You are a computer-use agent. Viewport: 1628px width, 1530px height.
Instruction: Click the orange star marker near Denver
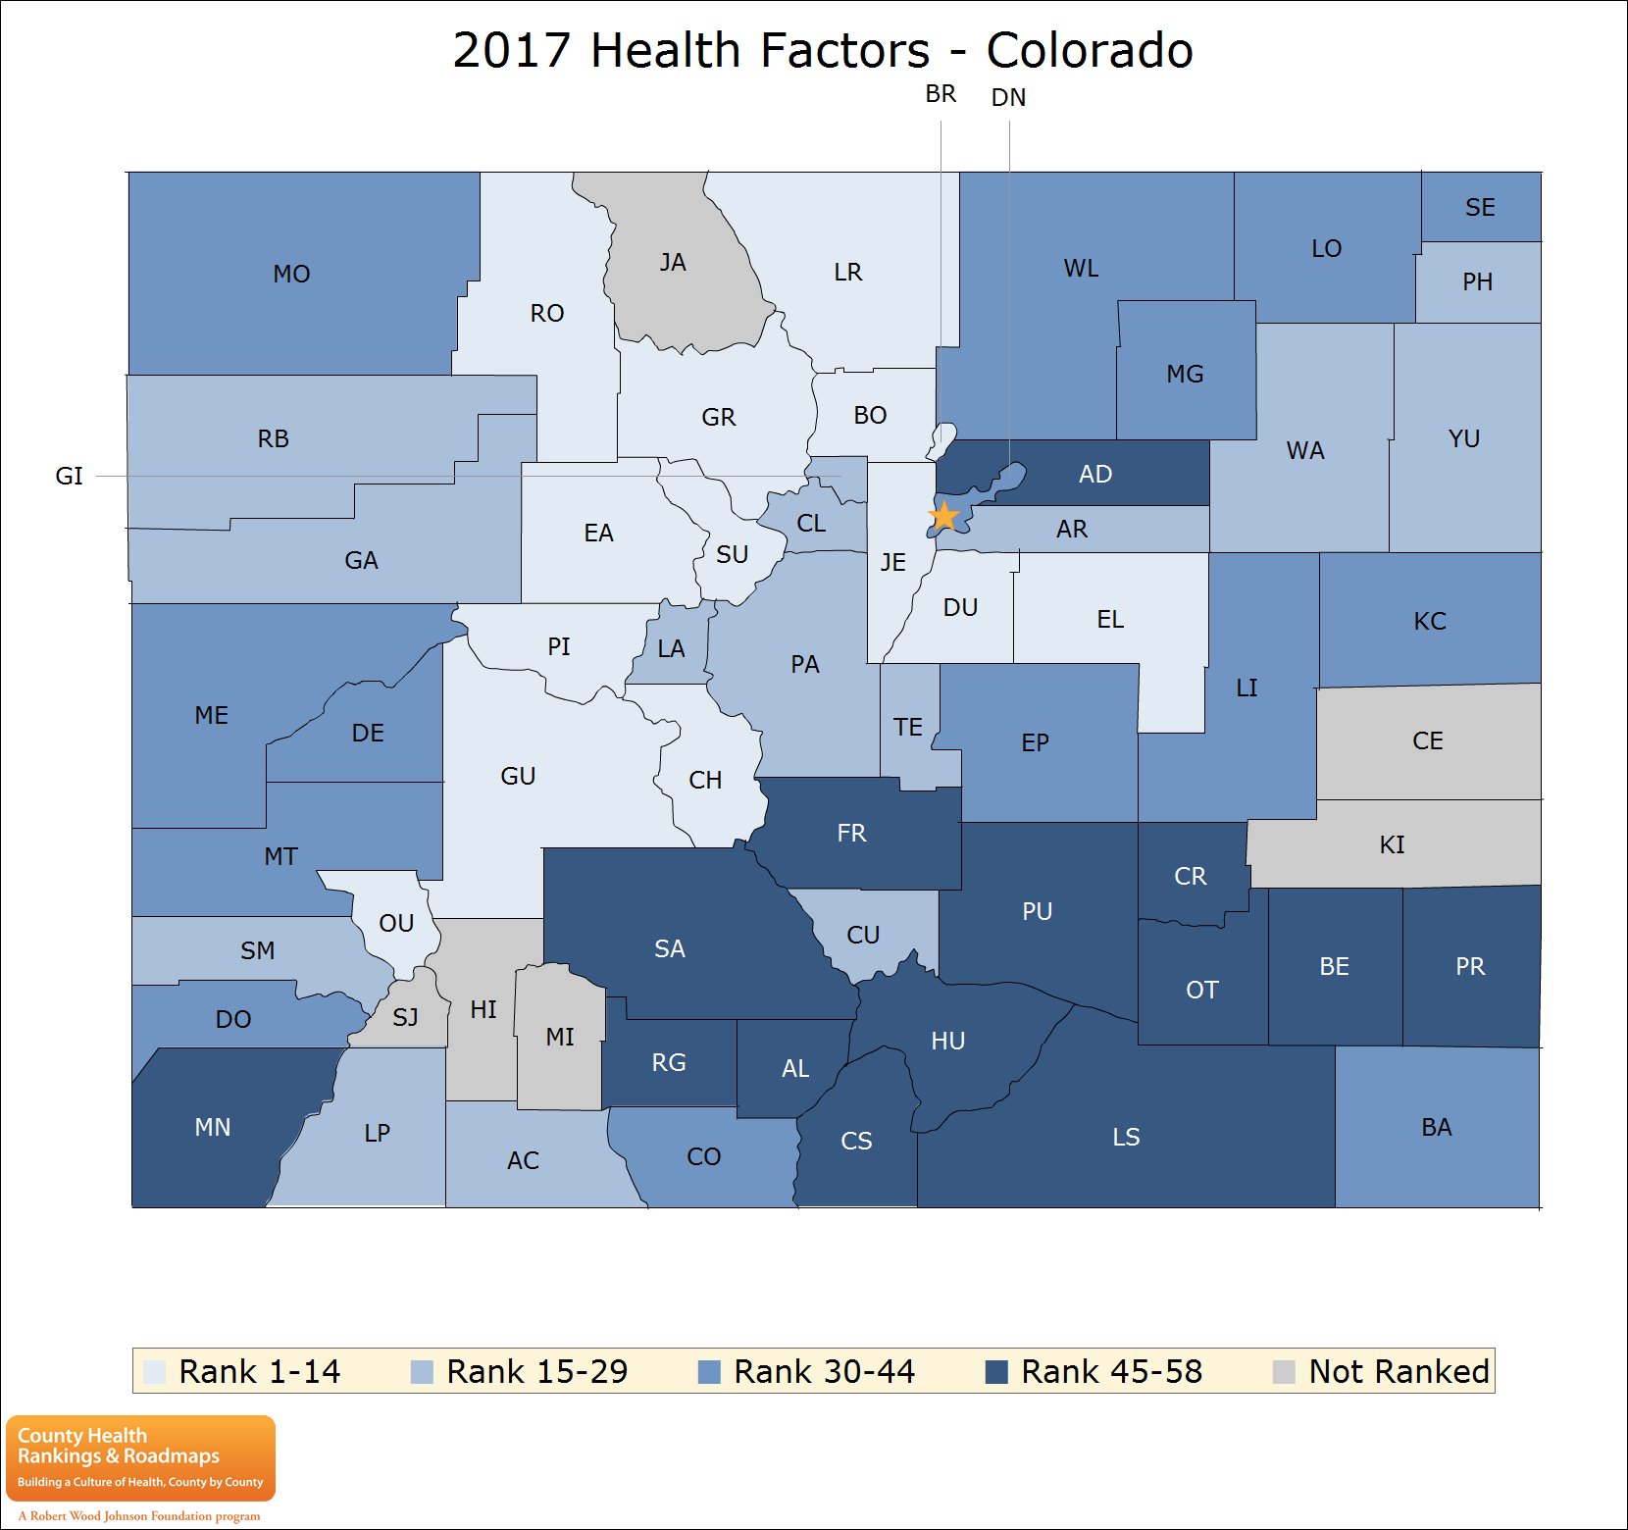[943, 516]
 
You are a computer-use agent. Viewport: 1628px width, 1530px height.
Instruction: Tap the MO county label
[291, 274]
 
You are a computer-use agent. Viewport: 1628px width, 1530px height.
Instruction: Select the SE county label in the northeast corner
[1480, 208]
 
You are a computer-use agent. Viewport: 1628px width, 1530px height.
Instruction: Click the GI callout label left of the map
[69, 477]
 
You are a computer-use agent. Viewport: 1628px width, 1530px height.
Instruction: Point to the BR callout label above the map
[941, 94]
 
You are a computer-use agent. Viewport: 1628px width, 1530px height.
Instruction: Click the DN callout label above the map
[1008, 98]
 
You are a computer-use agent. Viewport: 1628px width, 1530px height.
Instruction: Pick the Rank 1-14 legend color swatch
[154, 1372]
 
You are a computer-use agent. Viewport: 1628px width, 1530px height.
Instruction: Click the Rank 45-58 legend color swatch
[996, 1372]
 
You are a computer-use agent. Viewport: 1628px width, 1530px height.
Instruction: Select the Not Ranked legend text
[1399, 1371]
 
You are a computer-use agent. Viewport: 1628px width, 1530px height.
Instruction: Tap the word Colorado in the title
[1089, 51]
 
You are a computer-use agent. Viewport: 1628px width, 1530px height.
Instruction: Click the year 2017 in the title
[511, 51]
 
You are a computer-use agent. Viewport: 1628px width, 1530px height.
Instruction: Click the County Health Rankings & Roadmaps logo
[140, 1458]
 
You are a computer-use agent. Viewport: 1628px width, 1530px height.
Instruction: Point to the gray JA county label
[673, 263]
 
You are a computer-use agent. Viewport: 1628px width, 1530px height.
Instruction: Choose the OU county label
[396, 923]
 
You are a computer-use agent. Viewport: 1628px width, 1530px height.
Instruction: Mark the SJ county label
[405, 1018]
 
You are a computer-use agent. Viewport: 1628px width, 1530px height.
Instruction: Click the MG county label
[1185, 374]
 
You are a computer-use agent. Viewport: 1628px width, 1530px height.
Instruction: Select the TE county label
[907, 727]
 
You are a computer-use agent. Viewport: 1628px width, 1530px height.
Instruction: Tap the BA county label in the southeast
[1436, 1127]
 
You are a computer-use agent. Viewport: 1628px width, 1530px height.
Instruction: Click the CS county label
[856, 1141]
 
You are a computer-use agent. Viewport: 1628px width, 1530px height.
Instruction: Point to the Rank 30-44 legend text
[824, 1371]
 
